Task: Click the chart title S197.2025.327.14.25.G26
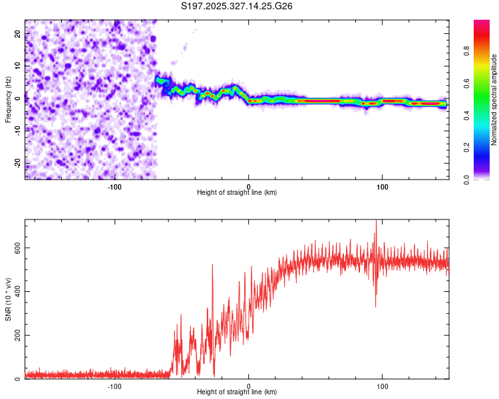(238, 7)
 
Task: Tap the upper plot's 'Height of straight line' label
(237, 192)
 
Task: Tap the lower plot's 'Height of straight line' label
(237, 392)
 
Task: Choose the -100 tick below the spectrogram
(114, 186)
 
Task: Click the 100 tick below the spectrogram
(383, 186)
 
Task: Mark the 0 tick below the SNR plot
(249, 386)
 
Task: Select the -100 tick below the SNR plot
(114, 386)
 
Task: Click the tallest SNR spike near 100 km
(377, 221)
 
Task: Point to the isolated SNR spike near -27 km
(212, 265)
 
